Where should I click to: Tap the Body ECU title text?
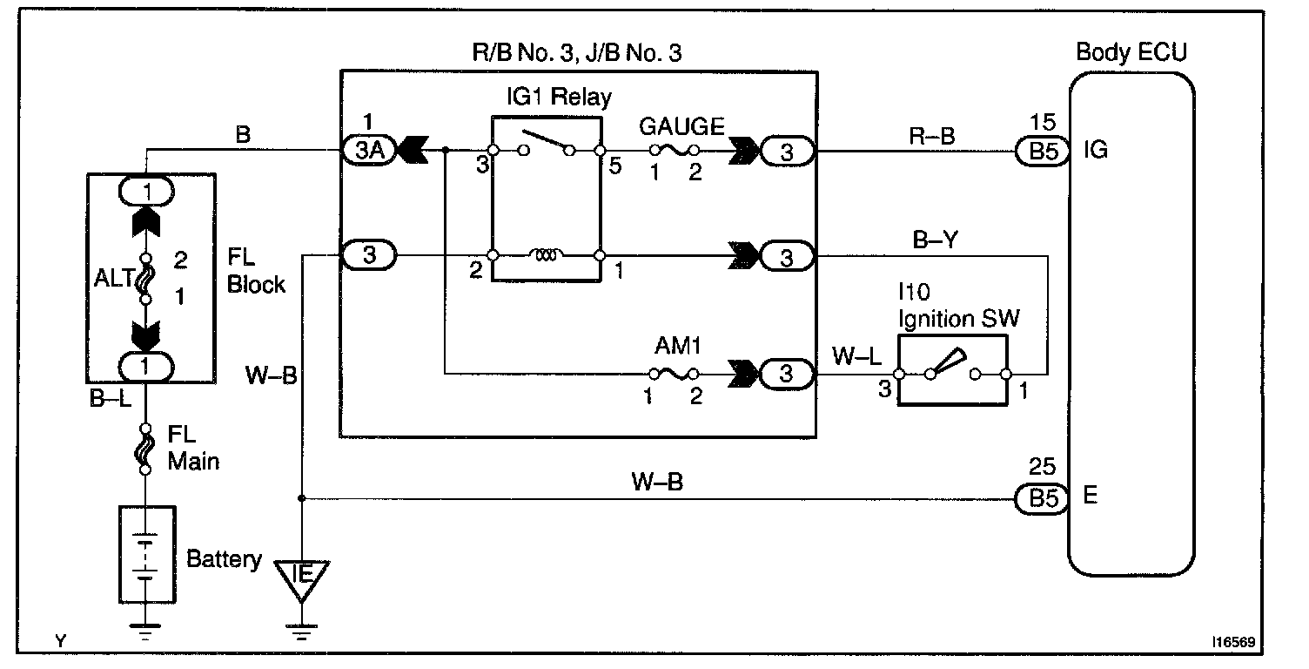pos(1131,52)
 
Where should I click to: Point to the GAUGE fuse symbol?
pos(670,151)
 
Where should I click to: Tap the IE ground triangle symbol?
pos(301,578)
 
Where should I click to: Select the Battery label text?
pos(224,558)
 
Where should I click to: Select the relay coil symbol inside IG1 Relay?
pos(547,256)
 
